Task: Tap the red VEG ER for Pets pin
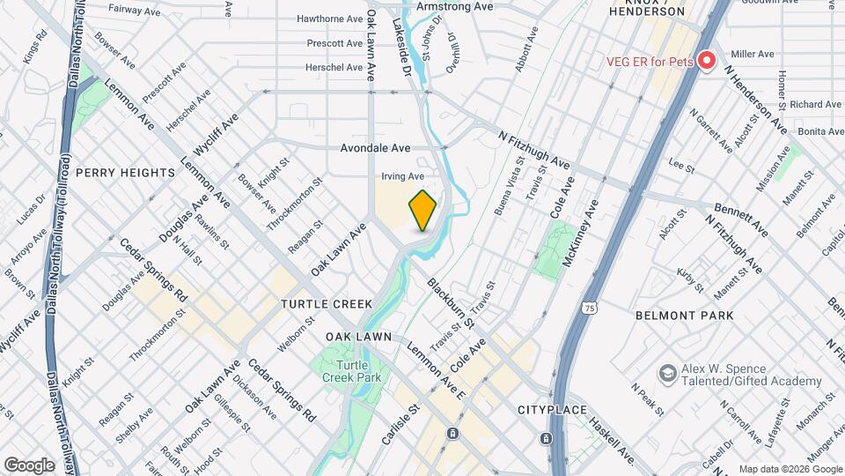[706, 62]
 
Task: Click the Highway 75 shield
[587, 307]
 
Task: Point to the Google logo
[29, 465]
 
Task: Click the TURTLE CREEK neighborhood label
[327, 304]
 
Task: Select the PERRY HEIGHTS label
[125, 173]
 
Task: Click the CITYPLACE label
[552, 411]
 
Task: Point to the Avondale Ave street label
[376, 148]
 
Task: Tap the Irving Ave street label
[402, 176]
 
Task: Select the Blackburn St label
[452, 303]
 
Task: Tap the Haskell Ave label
[614, 441]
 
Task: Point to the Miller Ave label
[753, 54]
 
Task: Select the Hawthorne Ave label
[330, 19]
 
